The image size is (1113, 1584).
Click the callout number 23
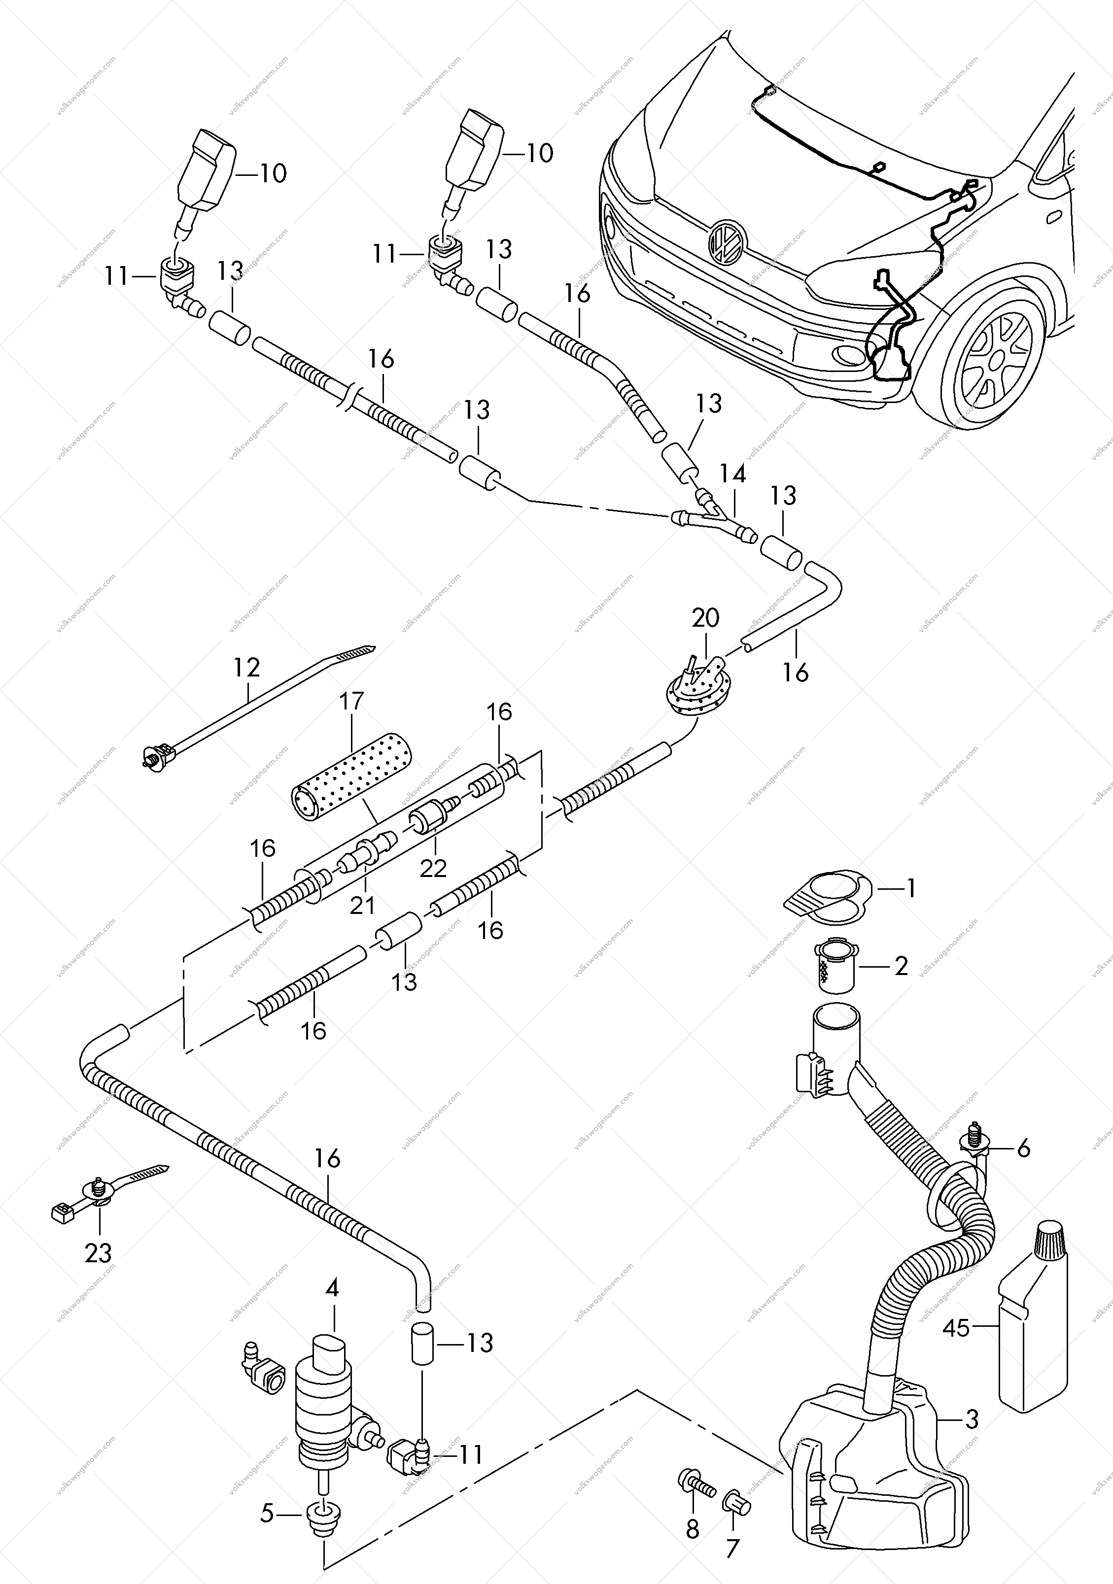point(98,1253)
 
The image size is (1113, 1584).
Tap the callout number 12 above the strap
point(246,667)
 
